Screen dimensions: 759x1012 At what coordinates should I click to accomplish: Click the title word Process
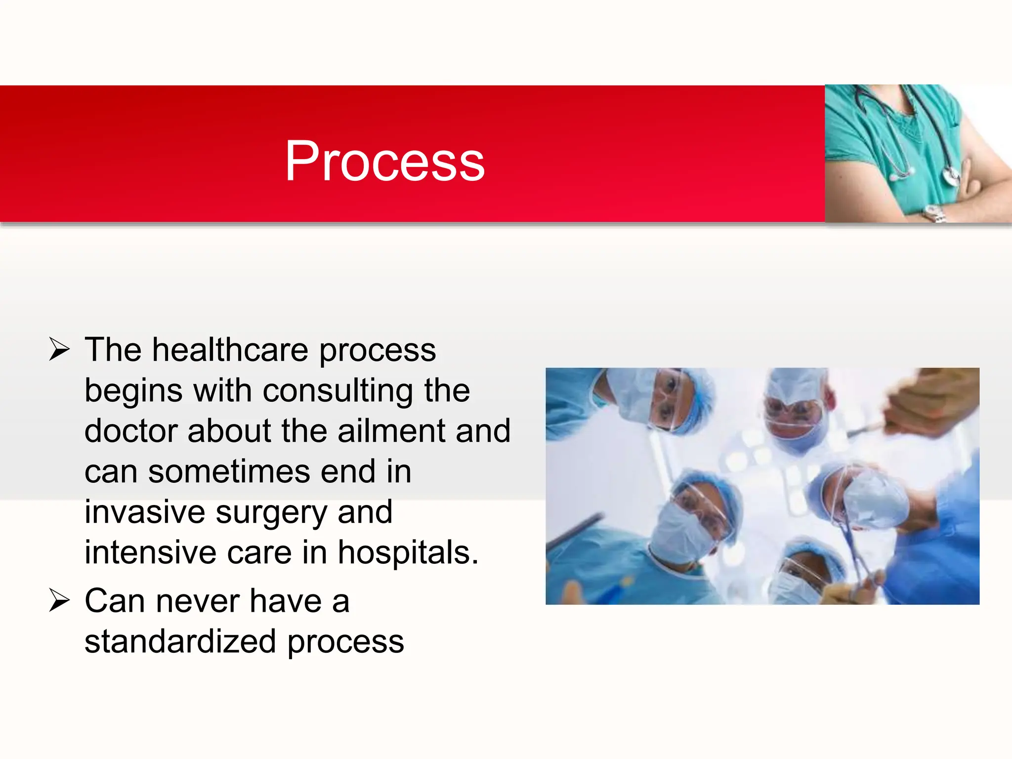tap(384, 161)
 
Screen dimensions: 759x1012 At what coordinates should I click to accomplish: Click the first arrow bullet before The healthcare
tap(59, 350)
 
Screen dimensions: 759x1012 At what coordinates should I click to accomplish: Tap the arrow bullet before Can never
tap(59, 601)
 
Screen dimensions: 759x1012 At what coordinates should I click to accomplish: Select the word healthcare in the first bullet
tap(230, 350)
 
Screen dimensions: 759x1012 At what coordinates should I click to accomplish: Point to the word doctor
tap(130, 431)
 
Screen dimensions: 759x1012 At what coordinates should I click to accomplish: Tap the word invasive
tap(144, 512)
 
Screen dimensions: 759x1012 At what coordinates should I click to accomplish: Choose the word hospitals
tap(408, 552)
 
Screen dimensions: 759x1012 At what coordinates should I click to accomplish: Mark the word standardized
tap(180, 642)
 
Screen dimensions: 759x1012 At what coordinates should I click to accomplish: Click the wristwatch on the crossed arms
tap(934, 213)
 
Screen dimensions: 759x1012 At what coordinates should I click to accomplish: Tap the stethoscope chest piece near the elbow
tap(951, 175)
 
